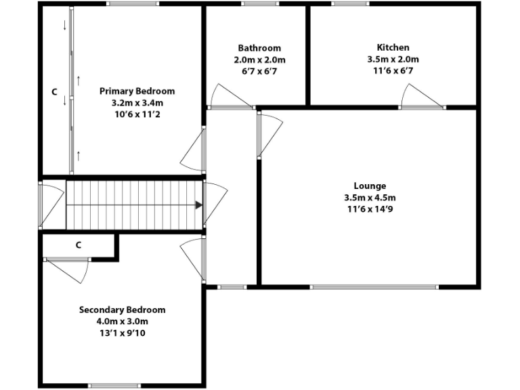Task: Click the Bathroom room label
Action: [x=259, y=48]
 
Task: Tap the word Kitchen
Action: [x=393, y=48]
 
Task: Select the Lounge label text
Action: [x=370, y=186]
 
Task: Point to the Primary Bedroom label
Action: [x=137, y=91]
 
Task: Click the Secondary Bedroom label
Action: [x=122, y=310]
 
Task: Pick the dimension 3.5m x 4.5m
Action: [x=370, y=198]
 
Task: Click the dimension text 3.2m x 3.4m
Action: [x=137, y=103]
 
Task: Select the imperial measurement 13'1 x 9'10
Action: [x=122, y=334]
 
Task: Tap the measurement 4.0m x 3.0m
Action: [x=122, y=322]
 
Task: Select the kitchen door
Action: [x=414, y=97]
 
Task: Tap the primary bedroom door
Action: [x=194, y=150]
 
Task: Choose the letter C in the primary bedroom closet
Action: [x=54, y=91]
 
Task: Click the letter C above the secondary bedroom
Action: [x=79, y=244]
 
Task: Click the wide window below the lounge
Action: [x=374, y=286]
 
